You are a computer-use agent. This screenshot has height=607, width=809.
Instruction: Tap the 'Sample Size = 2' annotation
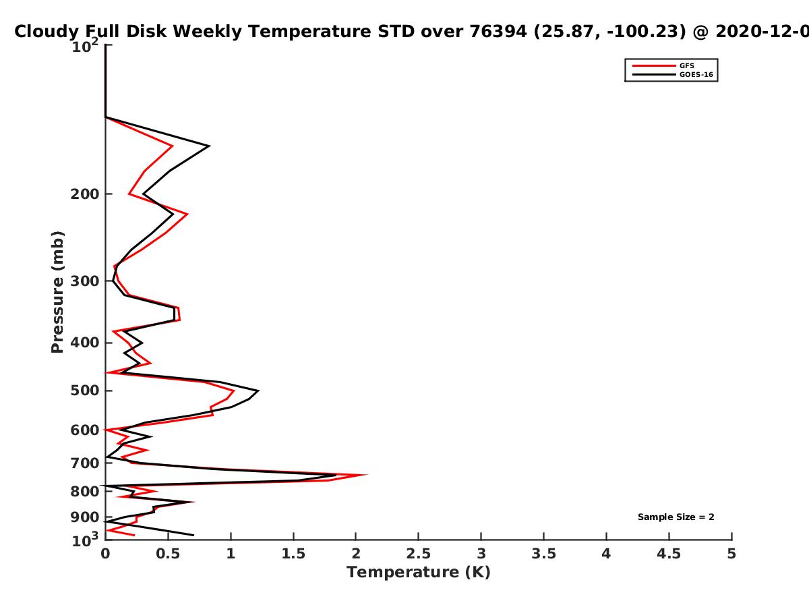point(676,517)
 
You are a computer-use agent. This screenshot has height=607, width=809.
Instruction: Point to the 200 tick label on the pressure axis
point(85,194)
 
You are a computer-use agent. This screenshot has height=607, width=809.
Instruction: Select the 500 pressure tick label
point(85,391)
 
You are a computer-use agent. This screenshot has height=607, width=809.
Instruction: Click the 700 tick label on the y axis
point(85,463)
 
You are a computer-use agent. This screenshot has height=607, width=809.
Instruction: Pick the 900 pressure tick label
point(85,517)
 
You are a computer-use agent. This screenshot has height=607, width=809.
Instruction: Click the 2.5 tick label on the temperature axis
point(419,554)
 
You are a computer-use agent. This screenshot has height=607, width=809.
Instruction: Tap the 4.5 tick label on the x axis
point(669,554)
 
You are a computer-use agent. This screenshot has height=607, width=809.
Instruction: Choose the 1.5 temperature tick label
point(293,554)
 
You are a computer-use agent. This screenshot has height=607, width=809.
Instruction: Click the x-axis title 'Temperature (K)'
point(419,573)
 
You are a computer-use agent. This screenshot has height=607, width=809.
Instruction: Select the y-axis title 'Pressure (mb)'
point(57,292)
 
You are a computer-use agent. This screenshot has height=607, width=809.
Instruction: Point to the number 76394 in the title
point(498,31)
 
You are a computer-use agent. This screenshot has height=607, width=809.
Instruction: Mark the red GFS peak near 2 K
point(366,475)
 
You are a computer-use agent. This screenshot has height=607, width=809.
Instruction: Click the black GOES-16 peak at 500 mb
point(258,391)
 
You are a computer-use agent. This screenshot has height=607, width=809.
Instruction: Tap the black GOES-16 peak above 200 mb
point(210,146)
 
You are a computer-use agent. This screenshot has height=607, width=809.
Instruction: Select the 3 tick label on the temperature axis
point(481,554)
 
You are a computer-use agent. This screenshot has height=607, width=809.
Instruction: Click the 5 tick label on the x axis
point(731,554)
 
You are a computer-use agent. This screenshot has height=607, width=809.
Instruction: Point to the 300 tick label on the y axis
point(85,281)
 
